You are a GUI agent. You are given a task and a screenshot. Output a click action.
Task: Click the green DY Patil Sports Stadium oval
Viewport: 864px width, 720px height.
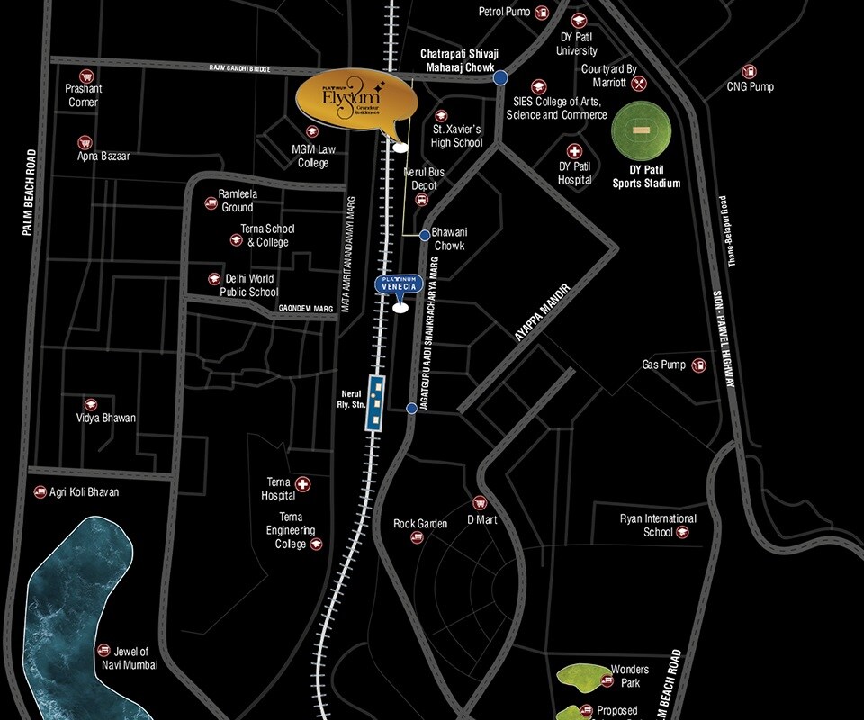(642, 131)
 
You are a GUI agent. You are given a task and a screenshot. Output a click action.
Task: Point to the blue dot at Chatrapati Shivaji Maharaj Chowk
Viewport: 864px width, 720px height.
(499, 78)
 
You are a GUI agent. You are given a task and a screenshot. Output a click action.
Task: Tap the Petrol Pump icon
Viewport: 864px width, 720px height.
(542, 13)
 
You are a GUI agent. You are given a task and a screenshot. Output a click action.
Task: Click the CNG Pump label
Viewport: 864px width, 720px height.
(750, 87)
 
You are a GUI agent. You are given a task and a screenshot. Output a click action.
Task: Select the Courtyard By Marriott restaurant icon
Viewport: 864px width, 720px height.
(639, 84)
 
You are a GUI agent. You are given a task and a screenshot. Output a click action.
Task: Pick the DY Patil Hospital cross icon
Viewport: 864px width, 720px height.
(574, 151)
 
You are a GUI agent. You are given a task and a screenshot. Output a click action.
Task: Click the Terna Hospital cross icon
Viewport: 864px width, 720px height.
(303, 484)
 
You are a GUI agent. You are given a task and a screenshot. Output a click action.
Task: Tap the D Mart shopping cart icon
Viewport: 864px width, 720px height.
(480, 503)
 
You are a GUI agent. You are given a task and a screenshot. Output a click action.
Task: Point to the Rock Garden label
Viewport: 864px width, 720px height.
(420, 524)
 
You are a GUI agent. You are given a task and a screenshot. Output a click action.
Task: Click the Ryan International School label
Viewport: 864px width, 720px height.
(658, 526)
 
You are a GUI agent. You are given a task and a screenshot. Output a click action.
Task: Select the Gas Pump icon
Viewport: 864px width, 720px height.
(698, 365)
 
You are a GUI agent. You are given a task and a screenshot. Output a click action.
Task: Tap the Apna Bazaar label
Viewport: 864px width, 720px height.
(103, 157)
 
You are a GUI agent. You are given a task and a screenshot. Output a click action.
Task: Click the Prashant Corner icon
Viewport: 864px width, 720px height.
(85, 76)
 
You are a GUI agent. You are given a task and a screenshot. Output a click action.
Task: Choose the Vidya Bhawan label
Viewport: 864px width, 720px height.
(106, 418)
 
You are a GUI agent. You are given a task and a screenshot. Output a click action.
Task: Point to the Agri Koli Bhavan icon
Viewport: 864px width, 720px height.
(40, 492)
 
